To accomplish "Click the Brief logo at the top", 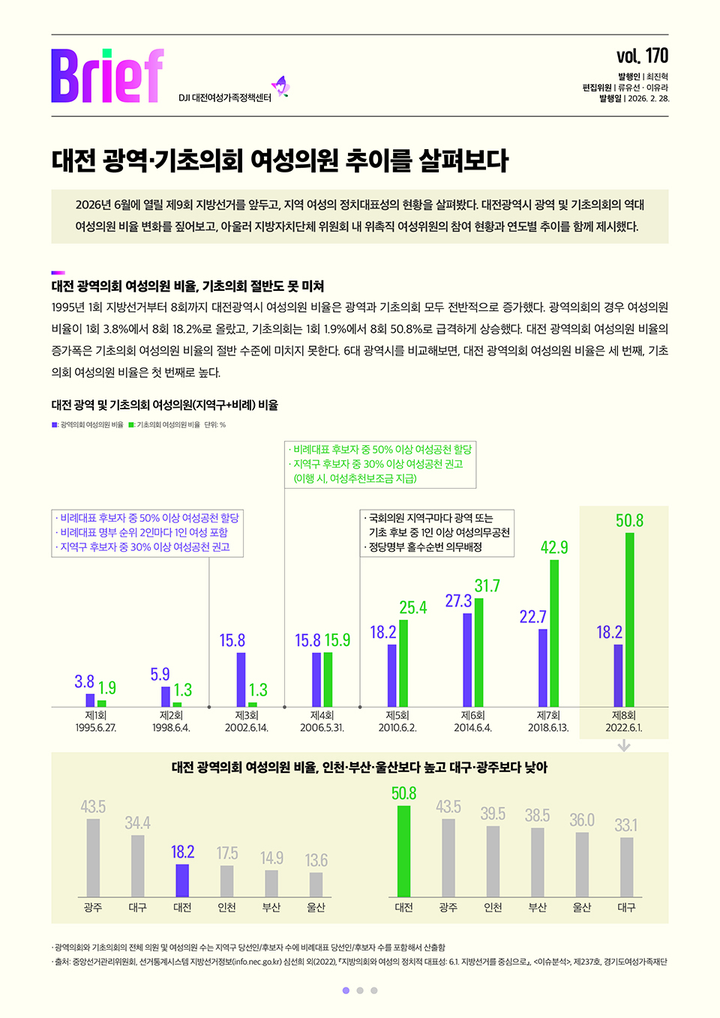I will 107,76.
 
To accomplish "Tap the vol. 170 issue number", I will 642,56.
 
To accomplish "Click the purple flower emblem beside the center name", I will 280,87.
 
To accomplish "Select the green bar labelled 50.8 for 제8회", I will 630,619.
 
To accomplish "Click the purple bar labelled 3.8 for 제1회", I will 90,700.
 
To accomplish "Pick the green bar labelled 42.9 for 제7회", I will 554,633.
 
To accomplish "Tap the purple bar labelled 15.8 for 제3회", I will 241,679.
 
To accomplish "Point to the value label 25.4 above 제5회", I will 412,607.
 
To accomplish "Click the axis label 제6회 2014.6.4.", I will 472,722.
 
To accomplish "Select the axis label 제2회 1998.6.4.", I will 171,722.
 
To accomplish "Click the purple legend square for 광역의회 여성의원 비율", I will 55,425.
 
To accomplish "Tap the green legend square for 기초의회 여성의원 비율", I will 131,425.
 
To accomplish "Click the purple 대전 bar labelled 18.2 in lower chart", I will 182,880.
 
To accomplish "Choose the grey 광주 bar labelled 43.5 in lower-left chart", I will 93,858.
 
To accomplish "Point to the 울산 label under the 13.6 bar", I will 316,908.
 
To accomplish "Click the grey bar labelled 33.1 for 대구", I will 626,867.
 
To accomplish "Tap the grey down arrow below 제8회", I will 624,746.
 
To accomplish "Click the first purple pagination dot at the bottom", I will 346,990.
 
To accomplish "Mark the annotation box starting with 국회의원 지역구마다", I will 437,533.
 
